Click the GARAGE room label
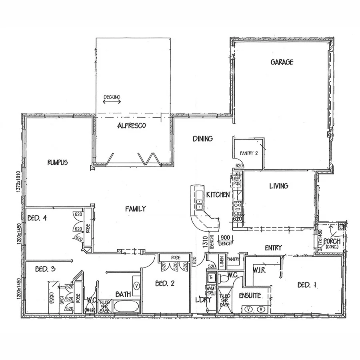(282, 62)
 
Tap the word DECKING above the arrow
(112, 97)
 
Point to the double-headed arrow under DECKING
(112, 102)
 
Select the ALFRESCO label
(132, 126)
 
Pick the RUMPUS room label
(57, 162)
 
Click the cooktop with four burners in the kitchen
(237, 208)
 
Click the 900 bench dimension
(225, 237)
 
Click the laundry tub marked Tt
(211, 276)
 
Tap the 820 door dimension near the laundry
(194, 261)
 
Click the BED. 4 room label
(38, 218)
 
